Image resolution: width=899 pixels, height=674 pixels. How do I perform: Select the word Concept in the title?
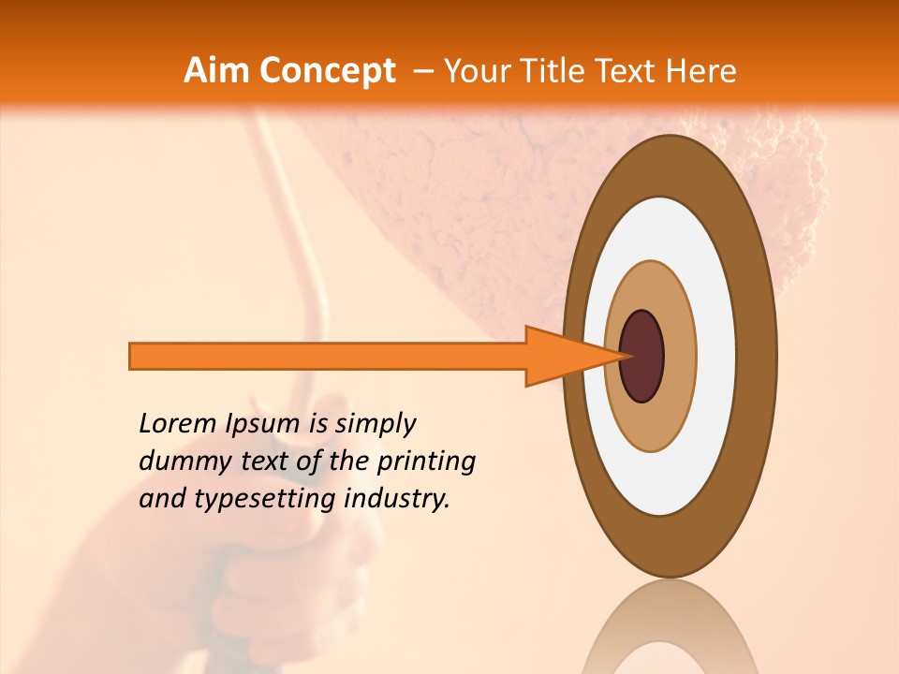(327, 70)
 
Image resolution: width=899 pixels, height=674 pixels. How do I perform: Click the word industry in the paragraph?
(397, 498)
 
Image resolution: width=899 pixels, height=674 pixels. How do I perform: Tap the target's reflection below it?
(670, 627)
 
